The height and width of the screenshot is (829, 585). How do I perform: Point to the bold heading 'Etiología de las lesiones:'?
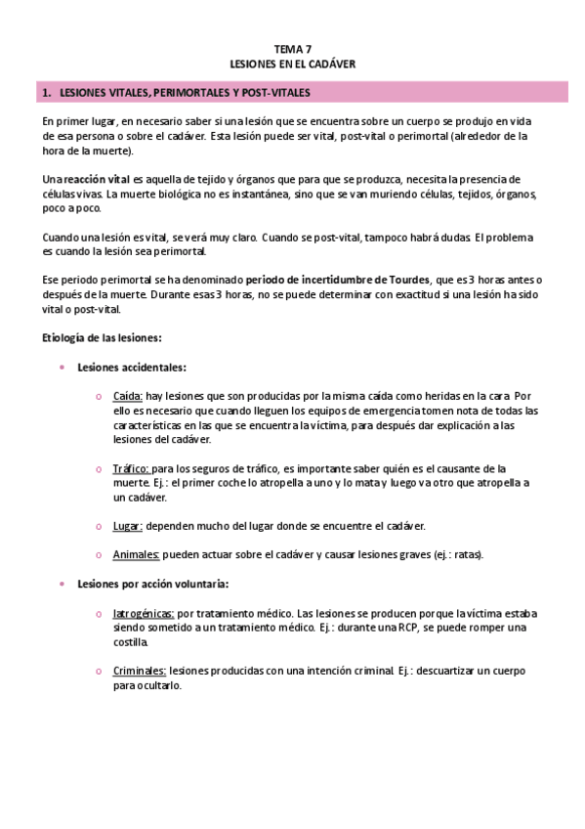coord(102,337)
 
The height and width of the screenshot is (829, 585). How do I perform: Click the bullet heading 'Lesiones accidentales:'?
coord(132,368)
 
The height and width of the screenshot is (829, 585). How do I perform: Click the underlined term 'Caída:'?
coord(128,397)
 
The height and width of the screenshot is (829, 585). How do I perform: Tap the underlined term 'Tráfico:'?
coord(132,468)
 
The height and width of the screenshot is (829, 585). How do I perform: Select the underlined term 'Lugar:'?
coord(128,526)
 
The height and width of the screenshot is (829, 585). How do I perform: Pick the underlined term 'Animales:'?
coord(136,554)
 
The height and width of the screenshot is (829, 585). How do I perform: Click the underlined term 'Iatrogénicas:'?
coord(144,613)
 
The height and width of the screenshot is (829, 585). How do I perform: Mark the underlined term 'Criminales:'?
coord(140,671)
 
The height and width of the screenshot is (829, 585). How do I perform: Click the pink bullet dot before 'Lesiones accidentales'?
coord(62,368)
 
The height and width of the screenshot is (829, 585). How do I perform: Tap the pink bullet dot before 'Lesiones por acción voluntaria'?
coord(62,584)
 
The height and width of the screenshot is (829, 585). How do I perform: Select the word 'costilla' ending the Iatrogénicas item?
coord(132,642)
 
